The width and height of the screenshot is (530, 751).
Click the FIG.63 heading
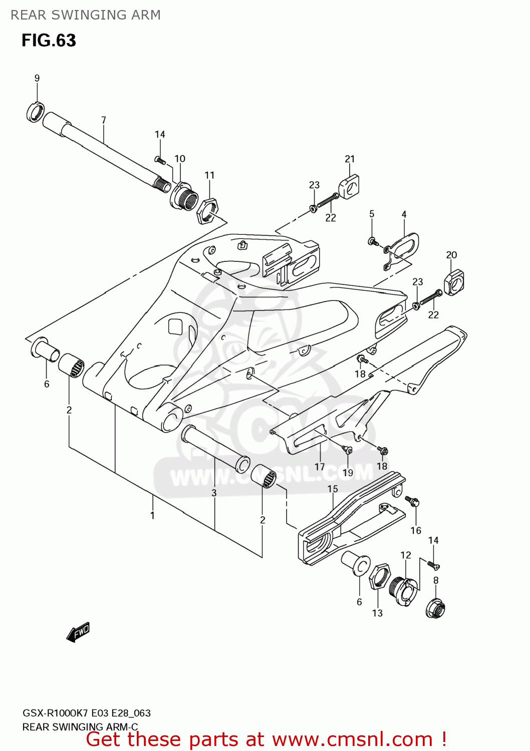click(x=49, y=41)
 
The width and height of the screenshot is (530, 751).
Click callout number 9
click(x=37, y=78)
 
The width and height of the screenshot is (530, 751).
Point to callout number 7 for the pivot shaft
click(x=104, y=120)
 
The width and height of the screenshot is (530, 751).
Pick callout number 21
click(x=350, y=159)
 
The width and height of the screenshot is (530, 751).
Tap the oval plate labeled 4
click(x=404, y=247)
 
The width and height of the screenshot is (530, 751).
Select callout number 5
click(x=372, y=214)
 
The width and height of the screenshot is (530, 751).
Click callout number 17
click(x=320, y=467)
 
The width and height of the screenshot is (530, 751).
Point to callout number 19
click(x=348, y=473)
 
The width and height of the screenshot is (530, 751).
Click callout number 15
click(x=333, y=489)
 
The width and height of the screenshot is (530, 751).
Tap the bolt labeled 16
click(x=413, y=501)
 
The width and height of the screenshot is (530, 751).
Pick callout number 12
click(x=406, y=555)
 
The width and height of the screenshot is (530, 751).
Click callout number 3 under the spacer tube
click(x=214, y=493)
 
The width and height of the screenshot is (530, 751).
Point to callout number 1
click(x=152, y=515)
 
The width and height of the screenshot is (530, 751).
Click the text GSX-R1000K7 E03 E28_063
click(x=87, y=713)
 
